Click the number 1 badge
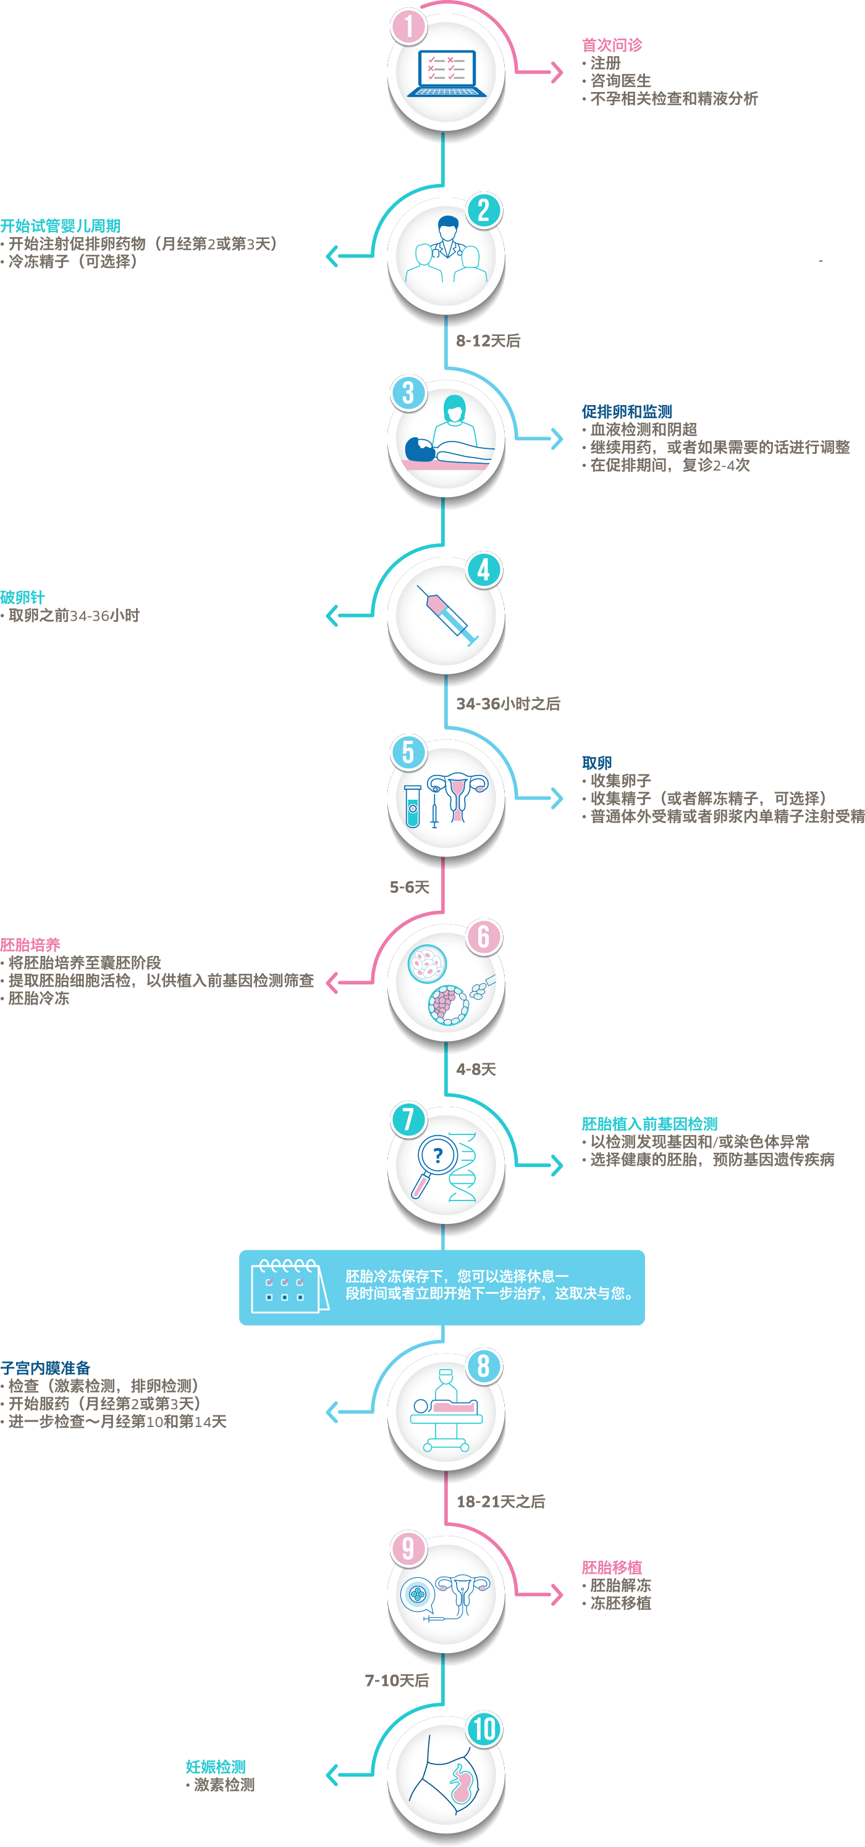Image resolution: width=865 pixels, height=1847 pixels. click(x=409, y=27)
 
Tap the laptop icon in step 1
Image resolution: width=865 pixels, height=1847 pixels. click(x=446, y=73)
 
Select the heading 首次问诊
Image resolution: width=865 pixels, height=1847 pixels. click(x=612, y=45)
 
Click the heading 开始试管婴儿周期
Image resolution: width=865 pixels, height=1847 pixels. click(x=61, y=227)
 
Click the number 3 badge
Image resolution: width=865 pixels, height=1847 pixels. click(x=409, y=393)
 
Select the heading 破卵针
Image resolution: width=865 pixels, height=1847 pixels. click(x=23, y=597)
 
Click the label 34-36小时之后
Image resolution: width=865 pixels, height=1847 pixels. click(x=508, y=704)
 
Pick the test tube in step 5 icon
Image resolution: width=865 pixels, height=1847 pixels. click(x=411, y=806)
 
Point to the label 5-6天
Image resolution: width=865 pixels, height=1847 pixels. click(x=410, y=887)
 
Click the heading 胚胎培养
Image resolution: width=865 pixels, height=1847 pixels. click(x=30, y=945)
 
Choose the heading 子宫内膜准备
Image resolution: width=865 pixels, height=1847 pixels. click(x=45, y=1368)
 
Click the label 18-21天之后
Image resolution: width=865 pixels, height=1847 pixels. click(x=500, y=1501)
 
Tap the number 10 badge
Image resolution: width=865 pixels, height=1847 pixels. click(x=484, y=1728)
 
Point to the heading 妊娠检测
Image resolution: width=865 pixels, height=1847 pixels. click(x=215, y=1767)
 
